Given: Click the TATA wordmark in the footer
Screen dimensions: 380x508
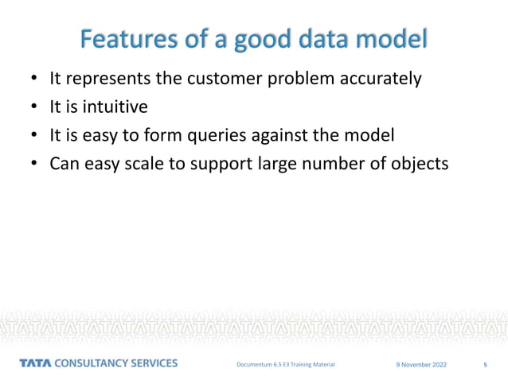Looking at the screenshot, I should point(35,363).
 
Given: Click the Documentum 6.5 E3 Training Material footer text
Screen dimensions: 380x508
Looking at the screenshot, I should point(286,364).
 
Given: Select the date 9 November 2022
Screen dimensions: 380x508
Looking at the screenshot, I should point(421,365).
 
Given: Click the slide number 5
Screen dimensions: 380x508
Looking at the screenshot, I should point(485,365).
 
